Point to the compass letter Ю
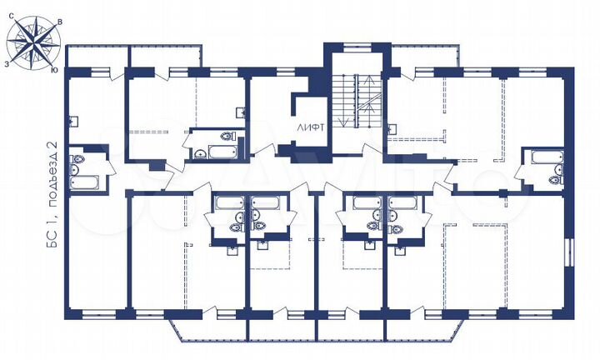tap(54, 70)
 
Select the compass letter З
tap(7, 62)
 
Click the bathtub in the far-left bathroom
tap(86, 181)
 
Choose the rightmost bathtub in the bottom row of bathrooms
tap(402, 202)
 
